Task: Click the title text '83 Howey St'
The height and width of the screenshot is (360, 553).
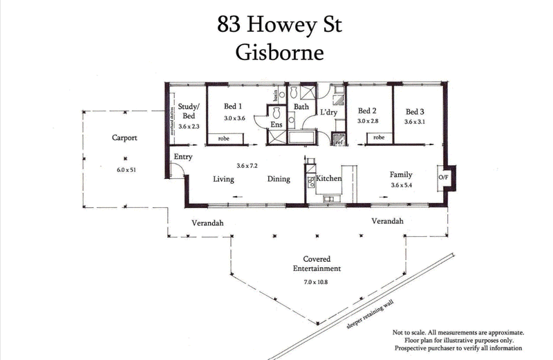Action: click(x=279, y=25)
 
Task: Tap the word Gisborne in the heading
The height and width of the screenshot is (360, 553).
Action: click(x=279, y=52)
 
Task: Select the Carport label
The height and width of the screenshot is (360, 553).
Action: click(x=124, y=138)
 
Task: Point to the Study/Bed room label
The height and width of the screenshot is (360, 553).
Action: click(x=189, y=111)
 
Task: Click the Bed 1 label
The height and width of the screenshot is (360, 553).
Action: click(x=233, y=107)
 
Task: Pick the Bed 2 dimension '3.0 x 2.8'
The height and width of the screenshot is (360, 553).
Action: click(x=368, y=121)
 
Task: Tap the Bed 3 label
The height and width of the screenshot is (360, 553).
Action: click(x=415, y=111)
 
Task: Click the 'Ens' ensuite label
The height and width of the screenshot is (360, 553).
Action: click(x=276, y=126)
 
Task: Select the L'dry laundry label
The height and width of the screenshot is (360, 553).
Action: click(x=328, y=111)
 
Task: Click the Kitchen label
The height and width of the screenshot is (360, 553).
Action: click(x=329, y=179)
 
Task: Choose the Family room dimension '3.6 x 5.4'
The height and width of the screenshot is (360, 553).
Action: click(x=405, y=185)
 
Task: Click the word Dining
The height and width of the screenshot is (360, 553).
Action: click(x=279, y=179)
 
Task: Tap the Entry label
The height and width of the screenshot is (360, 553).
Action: click(x=183, y=157)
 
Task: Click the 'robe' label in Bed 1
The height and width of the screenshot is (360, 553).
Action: click(x=224, y=139)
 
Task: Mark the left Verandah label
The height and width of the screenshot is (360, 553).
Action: click(x=207, y=222)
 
